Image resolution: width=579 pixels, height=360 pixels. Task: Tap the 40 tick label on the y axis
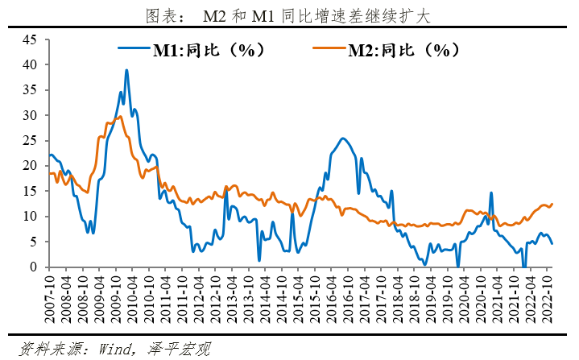click(30, 64)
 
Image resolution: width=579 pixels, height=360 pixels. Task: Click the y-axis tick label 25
click(30, 140)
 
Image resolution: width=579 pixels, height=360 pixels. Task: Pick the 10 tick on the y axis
click(30, 216)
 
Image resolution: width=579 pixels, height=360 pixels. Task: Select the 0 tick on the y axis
click(33, 267)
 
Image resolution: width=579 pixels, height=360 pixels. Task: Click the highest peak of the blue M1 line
click(126, 70)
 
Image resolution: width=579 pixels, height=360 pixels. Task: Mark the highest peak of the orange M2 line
click(119, 117)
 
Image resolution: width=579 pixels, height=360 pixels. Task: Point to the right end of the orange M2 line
click(552, 204)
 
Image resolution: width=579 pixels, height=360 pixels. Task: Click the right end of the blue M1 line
click(552, 243)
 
